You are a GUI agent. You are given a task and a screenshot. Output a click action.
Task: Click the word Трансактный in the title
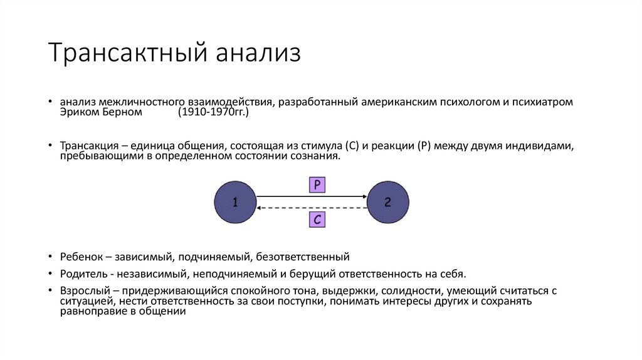127,54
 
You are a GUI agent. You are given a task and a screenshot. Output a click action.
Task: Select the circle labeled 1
235,203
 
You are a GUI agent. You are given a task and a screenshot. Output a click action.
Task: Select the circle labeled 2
388,203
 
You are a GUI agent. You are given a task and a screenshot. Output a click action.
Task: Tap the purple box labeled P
317,184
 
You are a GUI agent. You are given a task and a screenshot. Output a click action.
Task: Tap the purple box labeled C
317,220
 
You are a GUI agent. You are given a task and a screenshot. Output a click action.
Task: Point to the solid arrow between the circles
312,197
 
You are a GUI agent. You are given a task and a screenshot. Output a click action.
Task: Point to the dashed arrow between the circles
312,208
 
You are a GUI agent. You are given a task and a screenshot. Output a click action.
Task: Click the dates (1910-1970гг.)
213,112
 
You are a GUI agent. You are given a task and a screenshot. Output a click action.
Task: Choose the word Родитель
83,274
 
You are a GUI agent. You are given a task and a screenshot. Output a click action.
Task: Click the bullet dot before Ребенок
50,257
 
